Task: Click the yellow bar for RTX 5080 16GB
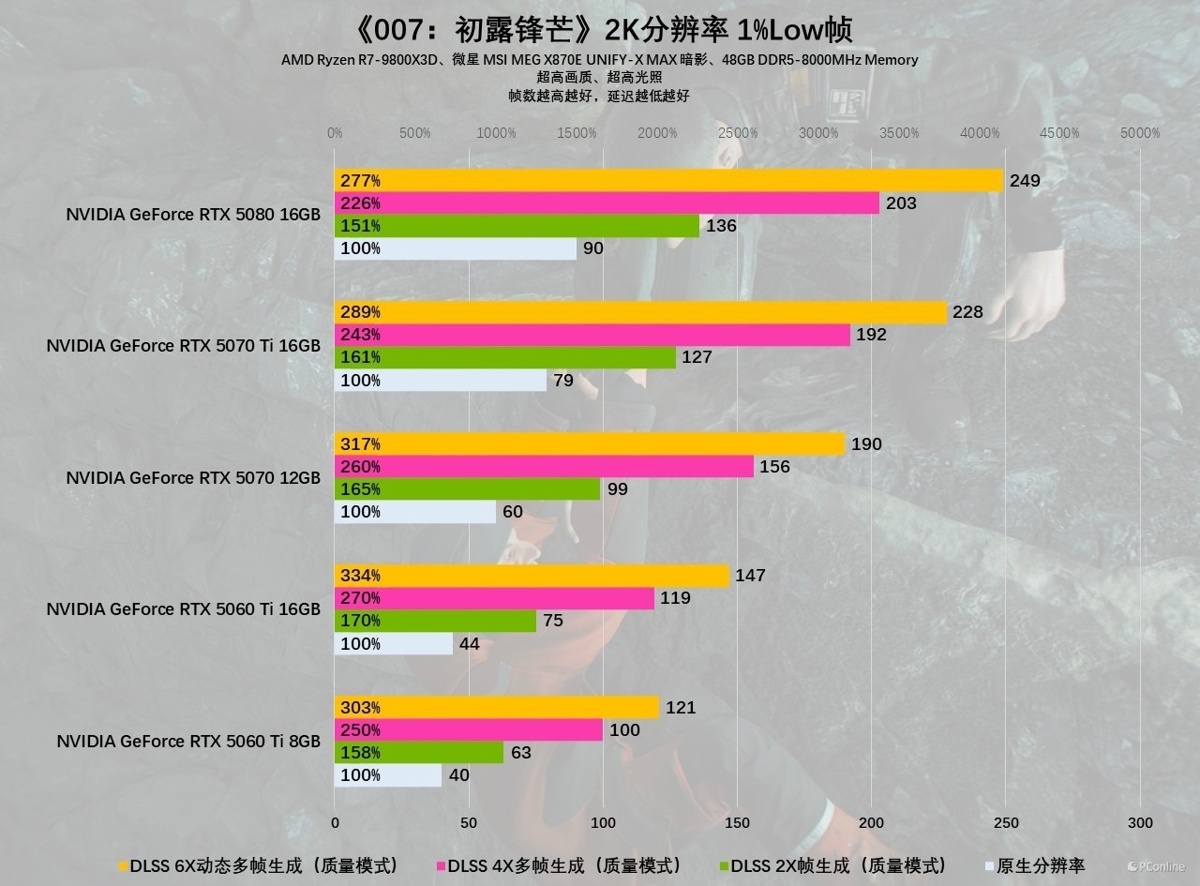point(668,180)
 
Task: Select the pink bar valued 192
point(592,335)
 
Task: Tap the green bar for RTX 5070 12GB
point(467,488)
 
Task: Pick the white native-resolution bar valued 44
point(394,643)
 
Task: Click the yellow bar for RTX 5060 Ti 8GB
point(497,707)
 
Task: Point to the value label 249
point(1025,180)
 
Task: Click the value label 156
point(774,467)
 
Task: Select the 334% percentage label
point(360,576)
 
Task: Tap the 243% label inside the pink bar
point(360,335)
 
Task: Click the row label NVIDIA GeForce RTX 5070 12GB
point(193,477)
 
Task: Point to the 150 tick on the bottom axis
point(737,822)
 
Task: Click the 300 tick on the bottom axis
point(1140,822)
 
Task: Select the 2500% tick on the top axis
point(738,133)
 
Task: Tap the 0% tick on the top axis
point(335,133)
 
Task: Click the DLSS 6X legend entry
point(259,866)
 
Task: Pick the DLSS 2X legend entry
point(833,866)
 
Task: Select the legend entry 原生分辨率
point(1035,866)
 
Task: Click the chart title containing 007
point(602,30)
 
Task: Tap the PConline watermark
point(1156,866)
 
